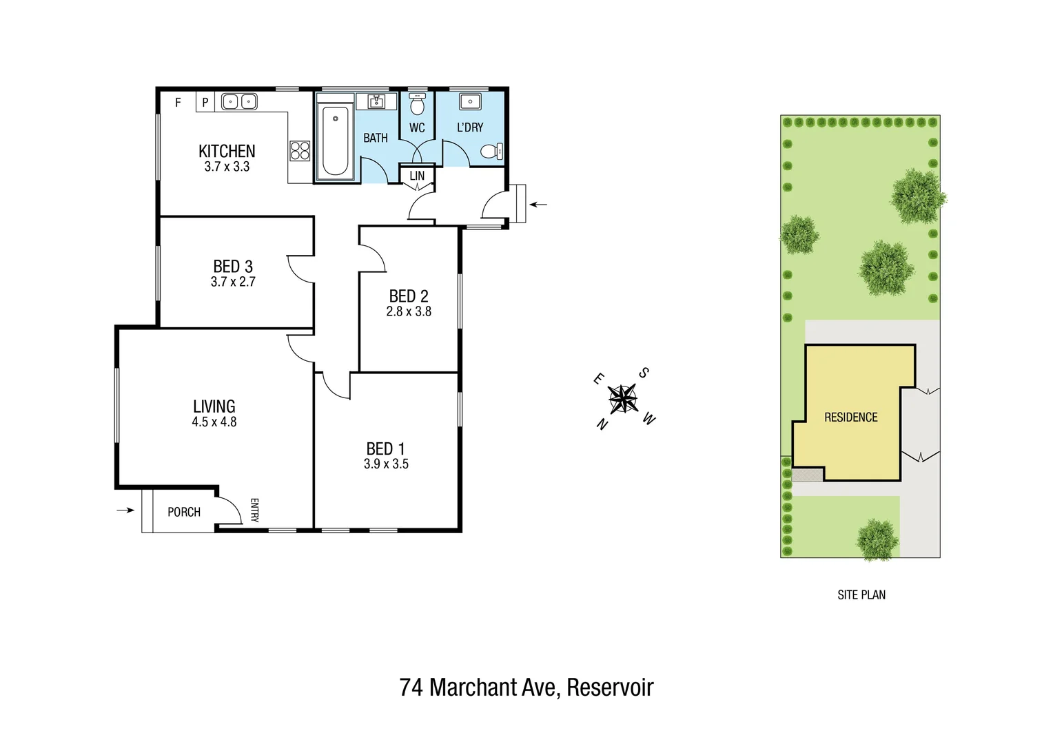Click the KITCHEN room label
click(x=227, y=151)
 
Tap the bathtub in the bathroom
click(x=336, y=141)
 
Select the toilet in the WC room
click(x=417, y=105)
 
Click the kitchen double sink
click(x=238, y=102)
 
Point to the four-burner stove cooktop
click(x=300, y=150)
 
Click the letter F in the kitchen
click(x=178, y=103)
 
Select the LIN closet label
click(x=417, y=176)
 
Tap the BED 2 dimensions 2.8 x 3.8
click(x=409, y=311)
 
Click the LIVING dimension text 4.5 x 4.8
click(x=214, y=422)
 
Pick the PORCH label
click(x=184, y=512)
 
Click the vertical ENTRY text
click(x=254, y=510)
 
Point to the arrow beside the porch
click(x=125, y=510)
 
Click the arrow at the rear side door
click(x=538, y=205)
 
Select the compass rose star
click(x=623, y=399)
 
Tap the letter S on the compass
click(x=644, y=373)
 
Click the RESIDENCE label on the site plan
click(x=850, y=417)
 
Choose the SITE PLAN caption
click(x=861, y=595)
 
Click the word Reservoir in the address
click(x=610, y=687)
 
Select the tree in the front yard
click(x=877, y=538)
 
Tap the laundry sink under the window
click(x=470, y=102)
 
